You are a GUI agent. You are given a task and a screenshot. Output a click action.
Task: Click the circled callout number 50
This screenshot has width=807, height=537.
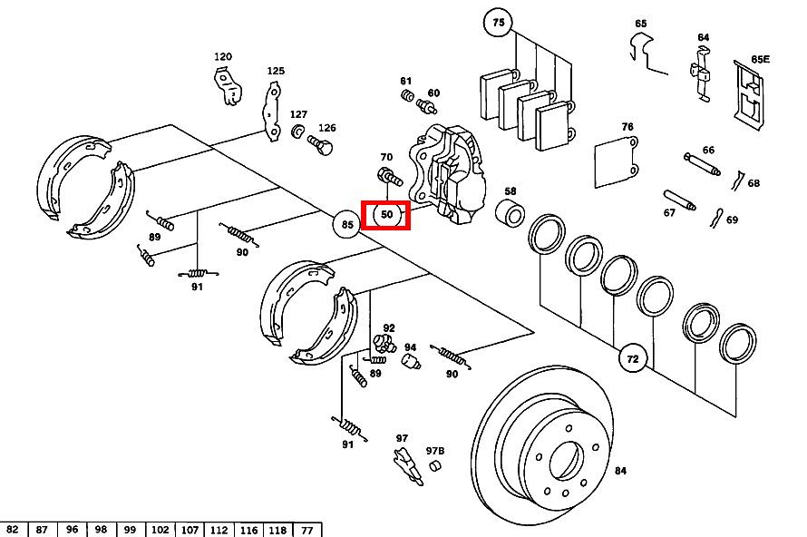click(386, 215)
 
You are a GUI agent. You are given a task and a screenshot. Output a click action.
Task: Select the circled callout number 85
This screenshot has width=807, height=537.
click(347, 223)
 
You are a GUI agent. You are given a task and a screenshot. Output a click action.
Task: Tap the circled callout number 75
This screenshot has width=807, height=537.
click(498, 22)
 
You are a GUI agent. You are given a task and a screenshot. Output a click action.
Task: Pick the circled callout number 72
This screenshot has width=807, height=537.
click(633, 359)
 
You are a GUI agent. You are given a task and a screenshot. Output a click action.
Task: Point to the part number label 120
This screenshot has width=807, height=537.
click(223, 57)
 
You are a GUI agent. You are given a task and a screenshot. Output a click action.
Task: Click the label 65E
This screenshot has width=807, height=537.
click(760, 60)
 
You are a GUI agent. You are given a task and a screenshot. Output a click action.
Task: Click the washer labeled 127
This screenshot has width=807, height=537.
click(297, 132)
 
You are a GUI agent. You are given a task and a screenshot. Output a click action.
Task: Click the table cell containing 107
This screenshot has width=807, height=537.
click(190, 530)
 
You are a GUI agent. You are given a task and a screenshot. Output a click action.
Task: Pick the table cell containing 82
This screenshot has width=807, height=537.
click(13, 530)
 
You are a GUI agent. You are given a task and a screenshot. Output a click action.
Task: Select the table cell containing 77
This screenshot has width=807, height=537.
click(307, 530)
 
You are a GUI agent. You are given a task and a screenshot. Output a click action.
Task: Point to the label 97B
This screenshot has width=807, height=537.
click(436, 451)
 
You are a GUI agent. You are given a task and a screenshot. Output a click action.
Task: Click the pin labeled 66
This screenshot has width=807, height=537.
click(701, 165)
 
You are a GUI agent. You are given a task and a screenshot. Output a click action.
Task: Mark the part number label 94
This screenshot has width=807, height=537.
click(410, 347)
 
